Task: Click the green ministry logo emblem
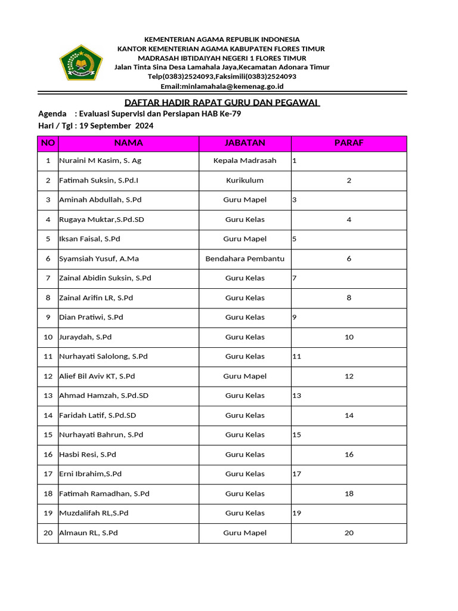(81, 63)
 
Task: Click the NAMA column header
(128, 143)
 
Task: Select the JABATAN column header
(245, 143)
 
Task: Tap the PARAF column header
(349, 143)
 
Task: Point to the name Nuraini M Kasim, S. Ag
(100, 161)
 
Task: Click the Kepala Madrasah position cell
(245, 161)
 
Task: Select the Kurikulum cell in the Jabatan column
(245, 180)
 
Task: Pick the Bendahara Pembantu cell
(245, 259)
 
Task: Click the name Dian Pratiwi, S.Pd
(91, 317)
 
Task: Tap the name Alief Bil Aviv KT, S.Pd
(97, 377)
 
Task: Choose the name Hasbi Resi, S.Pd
(88, 455)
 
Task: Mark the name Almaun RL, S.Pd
(88, 533)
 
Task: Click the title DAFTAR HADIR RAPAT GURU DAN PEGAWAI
(222, 103)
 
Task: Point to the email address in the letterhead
(222, 86)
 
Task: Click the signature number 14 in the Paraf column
(349, 415)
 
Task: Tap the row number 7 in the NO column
(48, 278)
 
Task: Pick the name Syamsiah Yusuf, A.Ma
(99, 259)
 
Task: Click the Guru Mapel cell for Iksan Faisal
(245, 239)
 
